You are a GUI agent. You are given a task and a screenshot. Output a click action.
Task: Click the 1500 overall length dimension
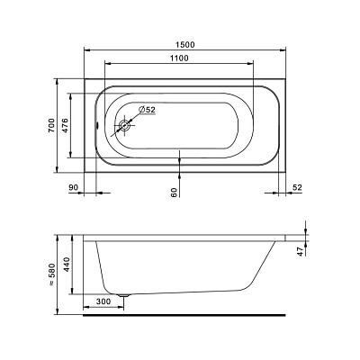pyautogui.click(x=185, y=45)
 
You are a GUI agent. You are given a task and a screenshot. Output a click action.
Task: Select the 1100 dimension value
pyautogui.click(x=179, y=58)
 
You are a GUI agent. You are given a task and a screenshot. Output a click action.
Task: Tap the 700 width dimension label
pyautogui.click(x=51, y=125)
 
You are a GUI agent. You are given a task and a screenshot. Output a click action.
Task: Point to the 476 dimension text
pyautogui.click(x=66, y=125)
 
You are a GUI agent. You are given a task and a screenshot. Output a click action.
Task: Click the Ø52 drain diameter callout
pyautogui.click(x=148, y=110)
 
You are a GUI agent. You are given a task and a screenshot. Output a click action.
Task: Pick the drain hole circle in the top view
pyautogui.click(x=124, y=126)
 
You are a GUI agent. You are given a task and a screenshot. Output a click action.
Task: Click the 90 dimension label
pyautogui.click(x=74, y=187)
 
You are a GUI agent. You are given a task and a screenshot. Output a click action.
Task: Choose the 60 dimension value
pyautogui.click(x=174, y=193)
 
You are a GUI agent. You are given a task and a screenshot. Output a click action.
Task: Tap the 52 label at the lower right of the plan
pyautogui.click(x=297, y=187)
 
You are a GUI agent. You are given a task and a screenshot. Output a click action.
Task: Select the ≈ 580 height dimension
pyautogui.click(x=51, y=274)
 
